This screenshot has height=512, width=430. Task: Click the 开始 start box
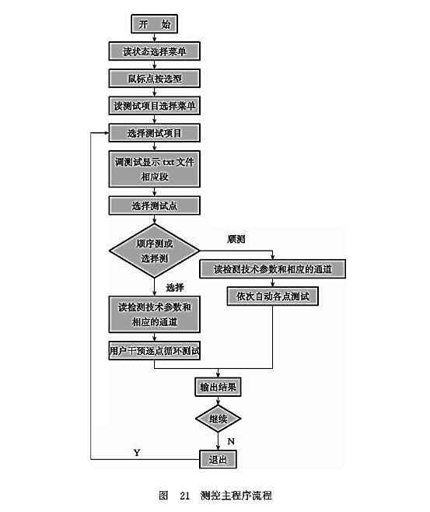point(154,25)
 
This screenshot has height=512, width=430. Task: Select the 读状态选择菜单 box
point(154,51)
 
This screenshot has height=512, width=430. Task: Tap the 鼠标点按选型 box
point(154,79)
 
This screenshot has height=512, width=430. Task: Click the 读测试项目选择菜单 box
point(154,105)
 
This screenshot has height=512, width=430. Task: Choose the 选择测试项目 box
point(154,133)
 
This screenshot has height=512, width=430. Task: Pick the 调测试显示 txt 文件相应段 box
point(154,169)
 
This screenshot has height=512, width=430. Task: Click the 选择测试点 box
point(154,205)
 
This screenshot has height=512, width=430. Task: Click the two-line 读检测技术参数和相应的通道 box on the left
point(154,314)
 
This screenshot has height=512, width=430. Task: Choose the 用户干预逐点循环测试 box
point(154,351)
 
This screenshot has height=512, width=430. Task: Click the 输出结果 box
point(218,386)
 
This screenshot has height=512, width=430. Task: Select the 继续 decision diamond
point(218,419)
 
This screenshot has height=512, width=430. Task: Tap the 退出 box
point(218,460)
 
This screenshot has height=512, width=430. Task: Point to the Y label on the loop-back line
point(138,452)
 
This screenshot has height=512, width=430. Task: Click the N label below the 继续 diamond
point(231,441)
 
